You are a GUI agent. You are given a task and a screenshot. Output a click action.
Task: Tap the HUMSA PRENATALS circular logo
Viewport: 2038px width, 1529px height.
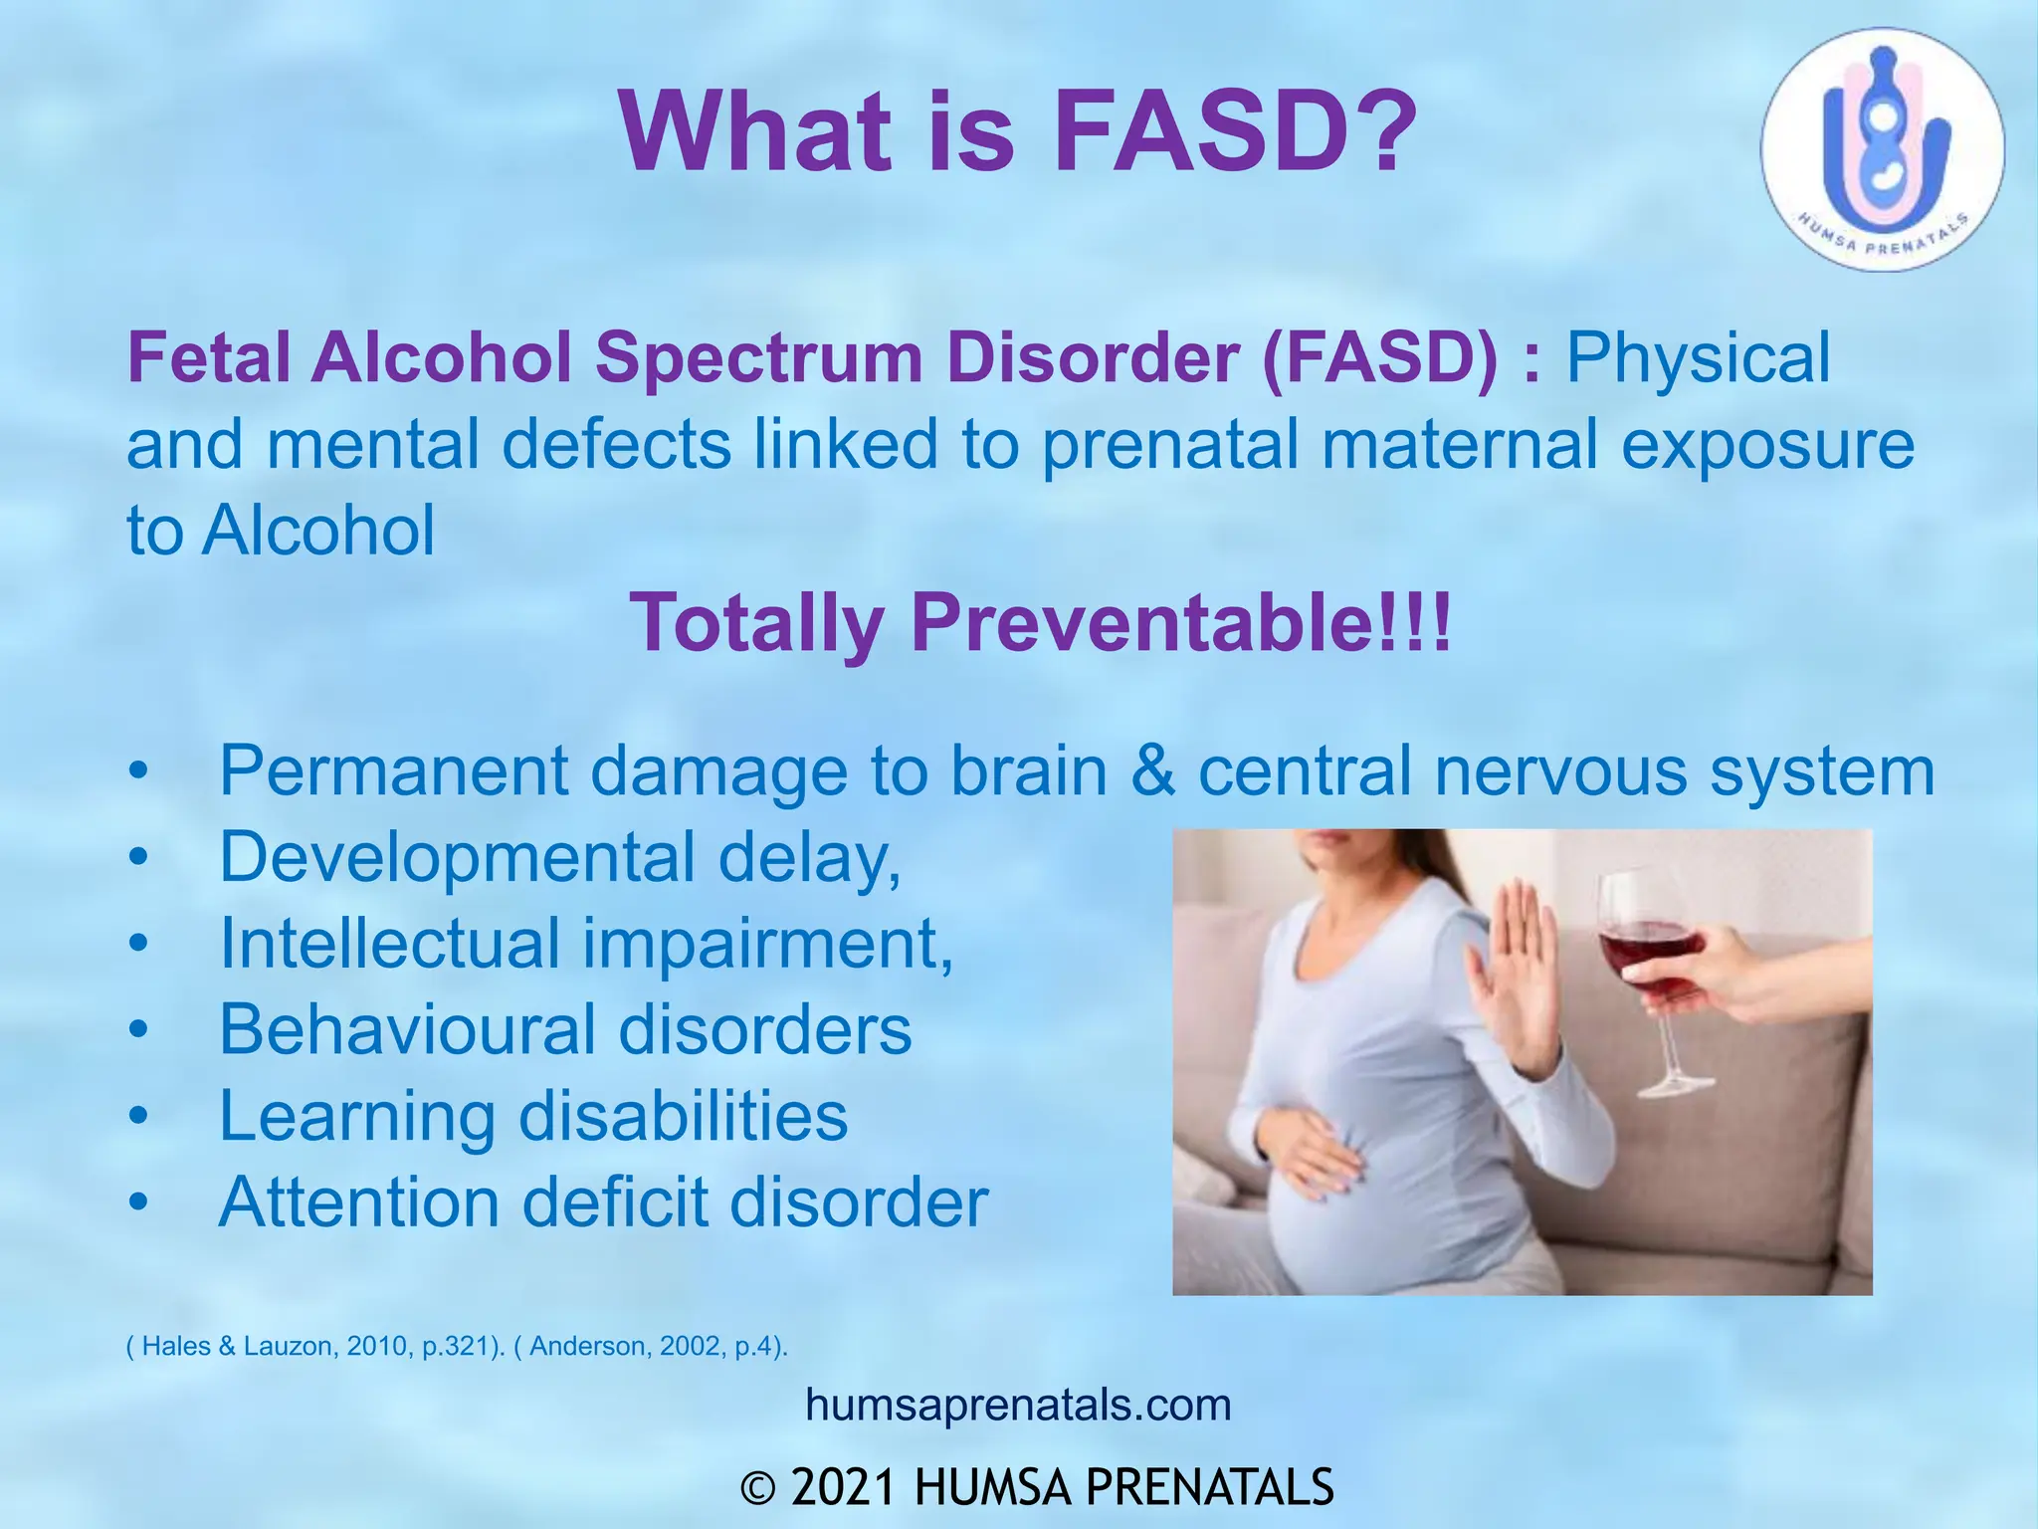point(1882,149)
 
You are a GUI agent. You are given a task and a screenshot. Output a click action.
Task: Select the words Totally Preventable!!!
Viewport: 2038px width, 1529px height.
point(1040,622)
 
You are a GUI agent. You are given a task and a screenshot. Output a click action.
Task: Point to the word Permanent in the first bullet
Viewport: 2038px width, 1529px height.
point(393,770)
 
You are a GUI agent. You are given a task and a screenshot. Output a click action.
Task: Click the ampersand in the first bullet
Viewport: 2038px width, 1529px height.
point(1153,770)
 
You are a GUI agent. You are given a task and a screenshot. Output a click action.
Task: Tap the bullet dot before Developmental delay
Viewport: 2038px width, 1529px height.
point(138,858)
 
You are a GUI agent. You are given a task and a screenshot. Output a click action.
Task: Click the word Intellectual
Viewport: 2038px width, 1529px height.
point(389,943)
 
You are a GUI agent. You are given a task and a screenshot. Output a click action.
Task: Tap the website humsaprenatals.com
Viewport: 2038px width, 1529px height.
point(1018,1406)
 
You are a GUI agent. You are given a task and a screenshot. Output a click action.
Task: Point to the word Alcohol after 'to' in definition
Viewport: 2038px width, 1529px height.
point(318,530)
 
